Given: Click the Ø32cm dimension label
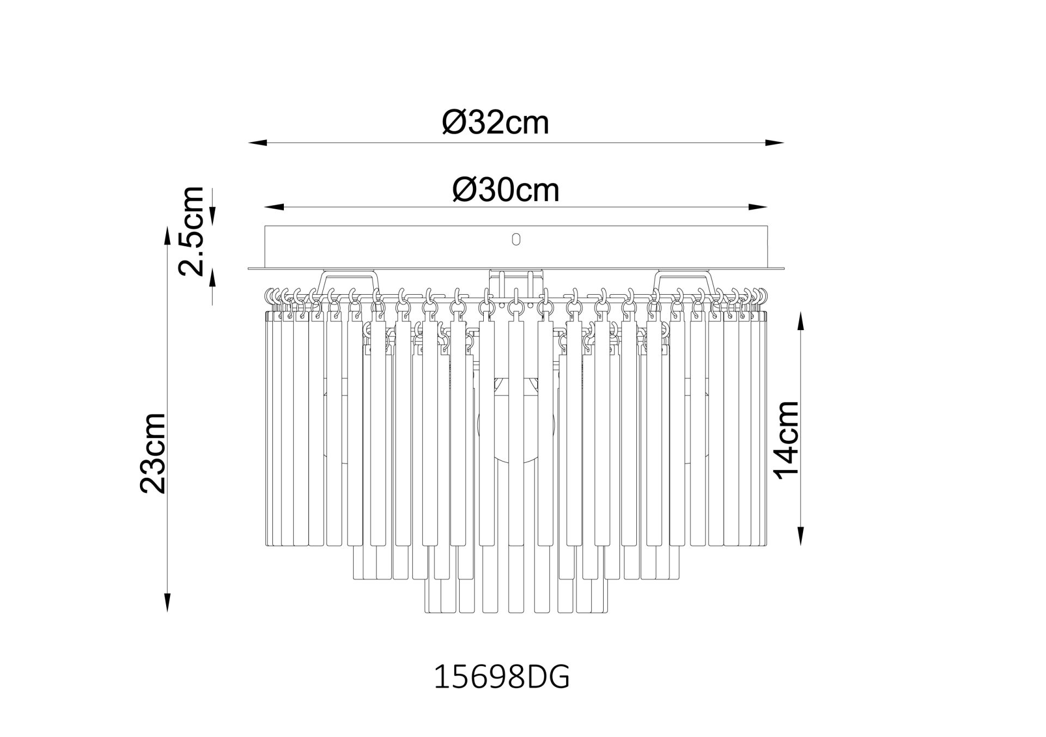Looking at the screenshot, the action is point(495,123).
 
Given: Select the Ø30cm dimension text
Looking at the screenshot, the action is point(506,190).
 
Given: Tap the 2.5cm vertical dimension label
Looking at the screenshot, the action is point(192,230).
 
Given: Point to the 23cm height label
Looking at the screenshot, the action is point(152,453).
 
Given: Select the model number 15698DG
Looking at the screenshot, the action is point(501,679).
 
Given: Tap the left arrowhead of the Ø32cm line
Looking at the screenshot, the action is point(257,143).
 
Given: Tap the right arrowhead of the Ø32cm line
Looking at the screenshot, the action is point(775,143).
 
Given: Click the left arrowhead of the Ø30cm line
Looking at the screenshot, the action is point(273,207).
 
